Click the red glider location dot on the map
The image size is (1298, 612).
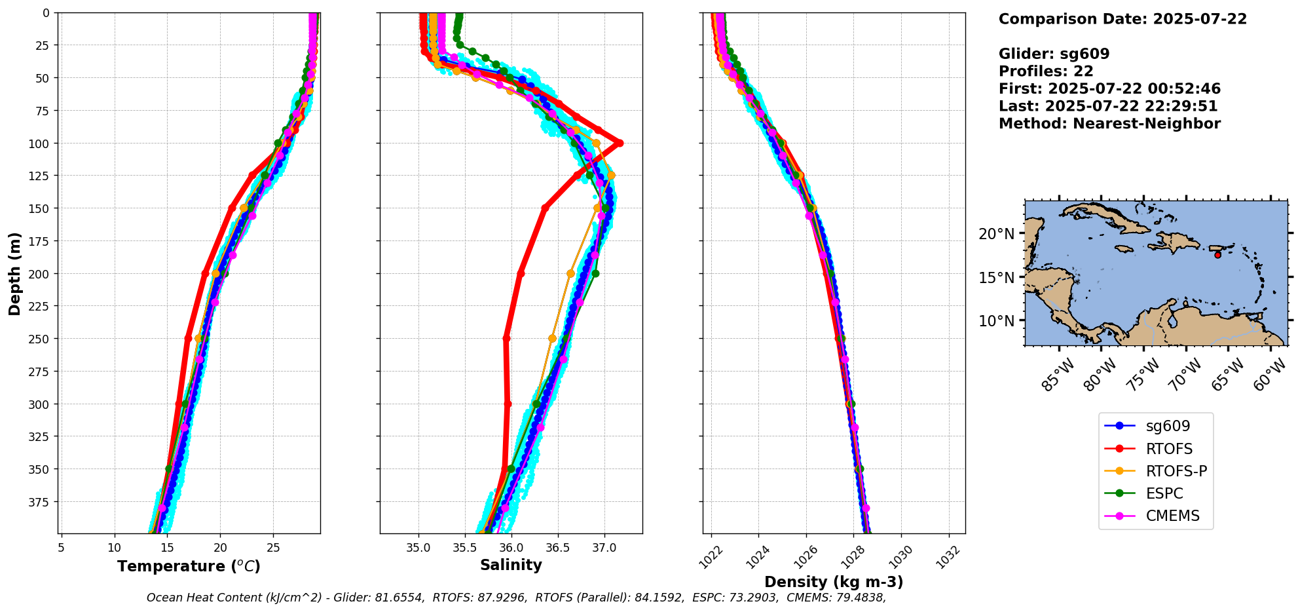coord(1217,255)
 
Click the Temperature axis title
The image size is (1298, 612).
coord(189,566)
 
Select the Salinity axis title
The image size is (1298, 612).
coord(511,565)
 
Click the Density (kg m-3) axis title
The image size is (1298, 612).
coord(834,582)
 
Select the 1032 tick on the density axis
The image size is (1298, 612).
coord(948,556)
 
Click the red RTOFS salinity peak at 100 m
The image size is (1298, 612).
coord(619,143)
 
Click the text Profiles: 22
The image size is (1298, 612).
coord(1046,71)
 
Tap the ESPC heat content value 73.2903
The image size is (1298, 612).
coord(753,598)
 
